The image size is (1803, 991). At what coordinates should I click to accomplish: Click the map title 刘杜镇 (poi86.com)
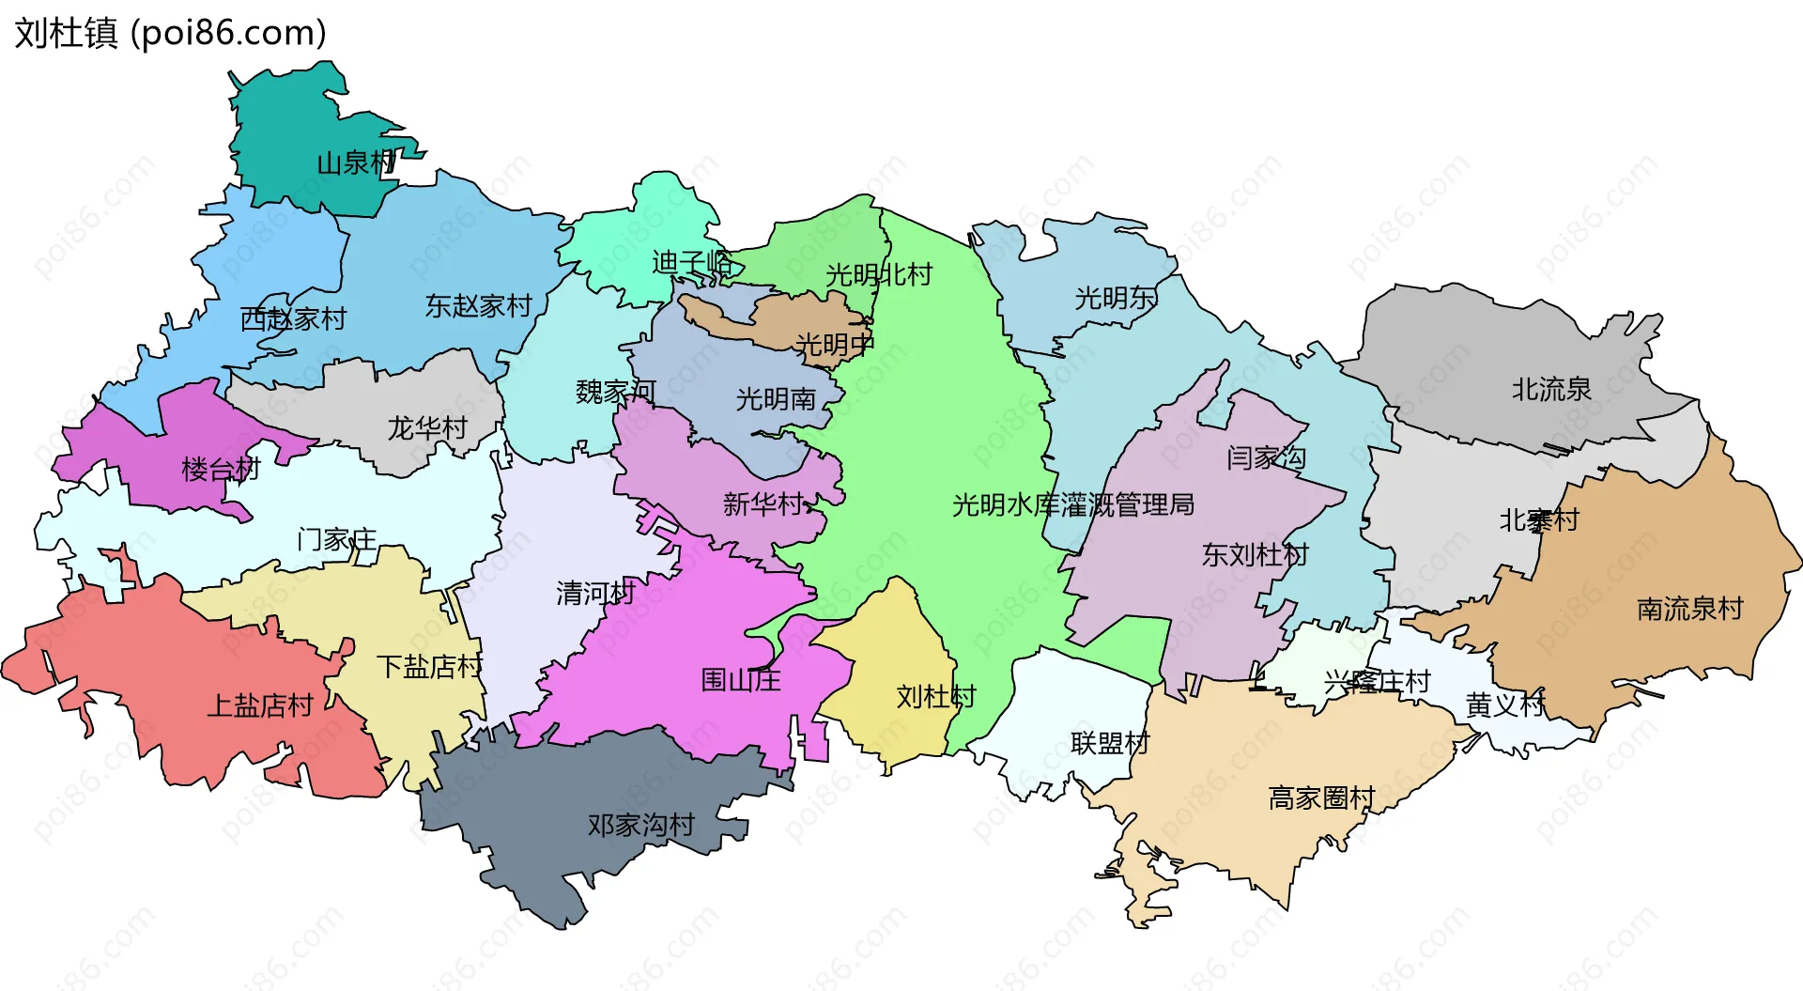tap(170, 33)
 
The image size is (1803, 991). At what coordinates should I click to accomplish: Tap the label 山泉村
tap(356, 163)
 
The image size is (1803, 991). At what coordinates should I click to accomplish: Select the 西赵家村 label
tap(293, 319)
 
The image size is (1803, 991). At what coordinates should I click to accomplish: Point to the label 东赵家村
tap(478, 306)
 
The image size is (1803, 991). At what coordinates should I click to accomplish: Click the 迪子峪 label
tap(692, 262)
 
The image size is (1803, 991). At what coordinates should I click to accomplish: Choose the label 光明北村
tap(879, 275)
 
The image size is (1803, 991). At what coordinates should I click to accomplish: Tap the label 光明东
tap(1116, 299)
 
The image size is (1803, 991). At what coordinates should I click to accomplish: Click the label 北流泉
tap(1551, 389)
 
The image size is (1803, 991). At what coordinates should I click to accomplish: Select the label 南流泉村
tap(1689, 609)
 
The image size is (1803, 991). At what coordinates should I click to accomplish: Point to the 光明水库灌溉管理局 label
tap(1073, 505)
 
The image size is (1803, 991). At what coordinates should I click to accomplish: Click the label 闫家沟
tap(1266, 458)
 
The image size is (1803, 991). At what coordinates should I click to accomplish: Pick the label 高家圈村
tap(1321, 798)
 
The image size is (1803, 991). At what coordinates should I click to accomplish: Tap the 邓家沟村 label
tap(640, 826)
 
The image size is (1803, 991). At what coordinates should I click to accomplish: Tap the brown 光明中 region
tap(751, 319)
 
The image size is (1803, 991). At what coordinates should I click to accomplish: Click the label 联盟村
tap(1110, 744)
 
